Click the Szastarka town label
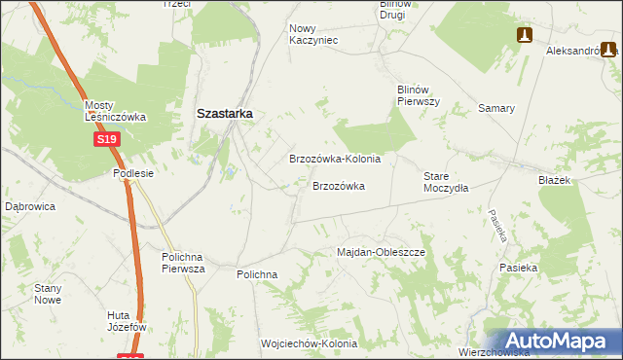[225, 113]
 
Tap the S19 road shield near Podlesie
[107, 140]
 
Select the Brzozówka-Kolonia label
[335, 158]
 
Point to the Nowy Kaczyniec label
[312, 34]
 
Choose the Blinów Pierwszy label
[419, 94]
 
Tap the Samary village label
[495, 108]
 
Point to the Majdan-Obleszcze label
[382, 252]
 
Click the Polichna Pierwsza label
[183, 263]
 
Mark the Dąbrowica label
[30, 206]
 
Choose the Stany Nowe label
[49, 294]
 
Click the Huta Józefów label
[127, 321]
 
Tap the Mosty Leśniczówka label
[115, 111]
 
